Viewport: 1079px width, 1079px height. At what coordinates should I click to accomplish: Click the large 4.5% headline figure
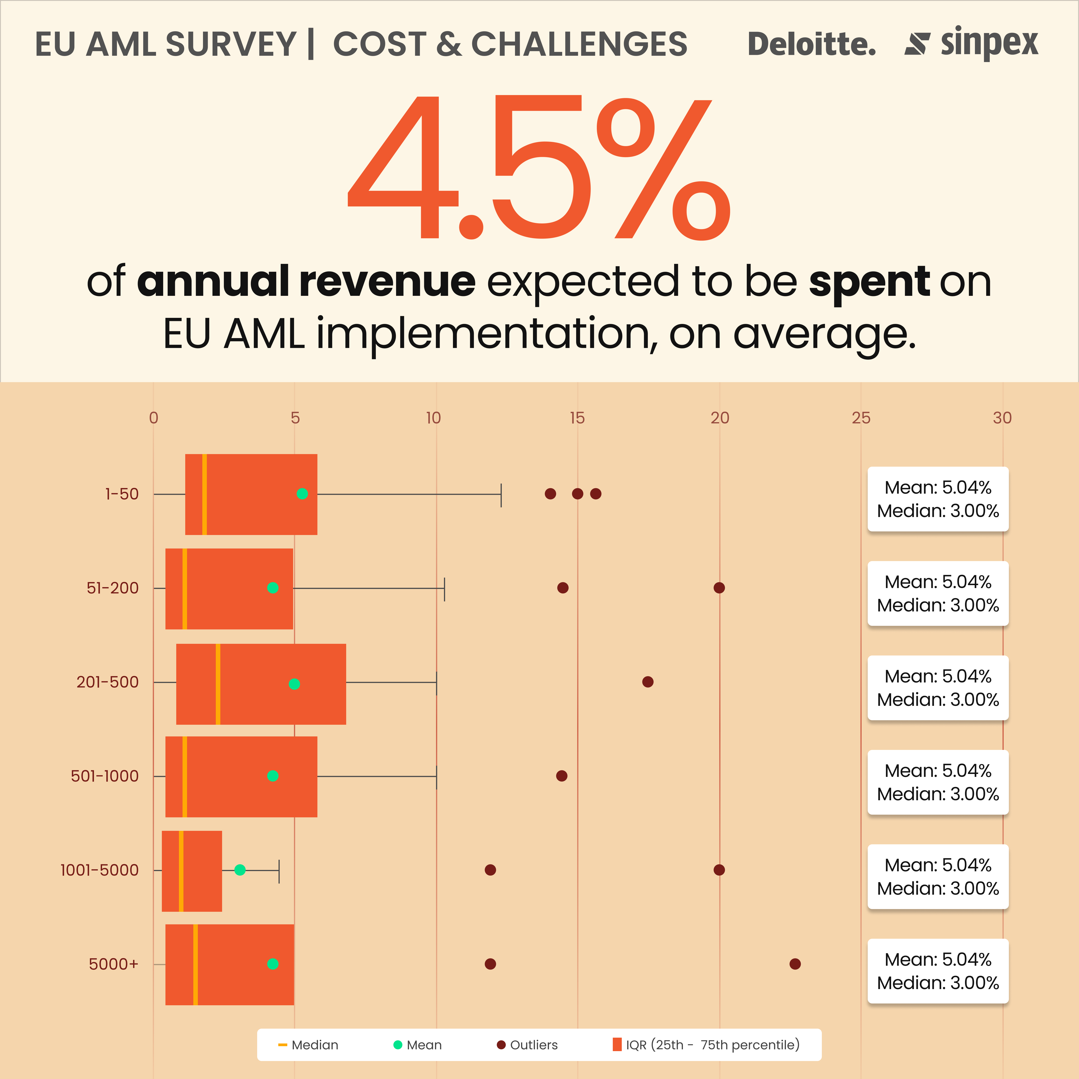(x=539, y=167)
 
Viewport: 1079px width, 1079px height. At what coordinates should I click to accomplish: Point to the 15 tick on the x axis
(x=577, y=418)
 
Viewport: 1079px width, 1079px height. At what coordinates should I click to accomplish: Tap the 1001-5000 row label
(x=99, y=870)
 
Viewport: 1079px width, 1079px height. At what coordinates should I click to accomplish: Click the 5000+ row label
(x=113, y=964)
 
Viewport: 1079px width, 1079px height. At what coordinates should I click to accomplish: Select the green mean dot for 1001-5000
(x=240, y=869)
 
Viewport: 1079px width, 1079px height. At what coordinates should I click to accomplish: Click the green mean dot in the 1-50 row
(x=302, y=494)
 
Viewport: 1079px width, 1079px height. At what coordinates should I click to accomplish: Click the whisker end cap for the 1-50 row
(x=501, y=495)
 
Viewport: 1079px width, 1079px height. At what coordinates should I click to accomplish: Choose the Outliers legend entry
(x=527, y=1045)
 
